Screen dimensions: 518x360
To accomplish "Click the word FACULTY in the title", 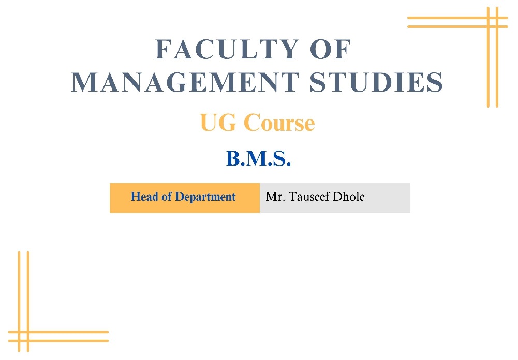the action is [x=227, y=49].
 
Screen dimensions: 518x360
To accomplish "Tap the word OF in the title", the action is [x=330, y=49].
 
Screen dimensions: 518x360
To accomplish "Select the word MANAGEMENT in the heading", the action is [x=185, y=82].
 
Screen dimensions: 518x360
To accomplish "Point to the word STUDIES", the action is [x=376, y=82].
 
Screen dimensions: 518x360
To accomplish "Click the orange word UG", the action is [x=218, y=123].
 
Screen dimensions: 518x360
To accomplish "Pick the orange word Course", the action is [x=279, y=123].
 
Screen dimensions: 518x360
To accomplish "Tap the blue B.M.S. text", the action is [x=258, y=158].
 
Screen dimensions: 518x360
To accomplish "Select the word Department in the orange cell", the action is [x=205, y=197].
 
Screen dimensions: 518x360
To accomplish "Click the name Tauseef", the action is [x=309, y=197].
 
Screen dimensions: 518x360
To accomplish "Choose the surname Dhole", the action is [x=349, y=197].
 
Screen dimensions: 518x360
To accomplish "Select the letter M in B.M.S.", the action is [x=256, y=158].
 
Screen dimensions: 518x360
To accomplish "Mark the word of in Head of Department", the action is [x=166, y=197].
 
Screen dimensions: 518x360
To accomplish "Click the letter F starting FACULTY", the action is [x=163, y=49].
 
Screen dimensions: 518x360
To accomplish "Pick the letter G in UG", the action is [x=228, y=123].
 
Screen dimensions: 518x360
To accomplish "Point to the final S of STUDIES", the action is [x=436, y=82].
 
